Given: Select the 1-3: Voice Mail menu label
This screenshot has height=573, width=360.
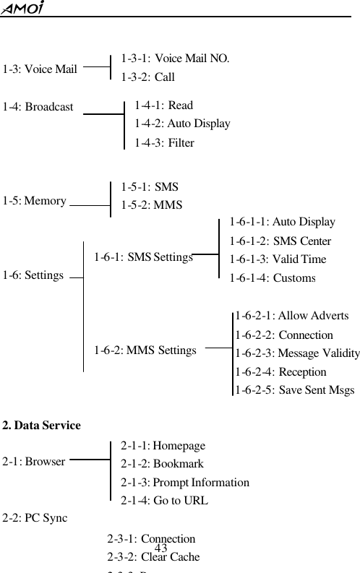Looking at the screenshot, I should (x=40, y=69).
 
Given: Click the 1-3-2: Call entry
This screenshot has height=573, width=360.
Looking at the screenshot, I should (x=147, y=77).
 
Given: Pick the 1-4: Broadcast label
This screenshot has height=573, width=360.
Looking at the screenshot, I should (x=38, y=107).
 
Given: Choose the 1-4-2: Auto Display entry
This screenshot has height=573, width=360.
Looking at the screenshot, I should (x=182, y=124).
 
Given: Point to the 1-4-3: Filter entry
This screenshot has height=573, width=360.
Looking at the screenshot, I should (x=164, y=143).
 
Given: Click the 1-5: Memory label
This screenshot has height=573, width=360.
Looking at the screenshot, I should (x=35, y=200).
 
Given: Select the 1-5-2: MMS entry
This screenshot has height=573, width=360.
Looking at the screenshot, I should (x=152, y=204).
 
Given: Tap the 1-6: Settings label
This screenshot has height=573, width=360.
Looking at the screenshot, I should (x=33, y=275).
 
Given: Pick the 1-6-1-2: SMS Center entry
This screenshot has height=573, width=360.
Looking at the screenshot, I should (x=280, y=241).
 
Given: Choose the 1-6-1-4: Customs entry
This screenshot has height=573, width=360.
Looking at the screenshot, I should (x=273, y=278).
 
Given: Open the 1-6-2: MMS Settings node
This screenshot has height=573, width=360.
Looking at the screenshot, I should (x=145, y=350).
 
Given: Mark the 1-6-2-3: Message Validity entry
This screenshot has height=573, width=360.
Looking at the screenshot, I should (x=297, y=353).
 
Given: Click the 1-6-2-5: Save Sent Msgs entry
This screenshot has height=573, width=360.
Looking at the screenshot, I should (x=294, y=390).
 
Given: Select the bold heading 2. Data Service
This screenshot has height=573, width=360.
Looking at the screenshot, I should (x=41, y=425).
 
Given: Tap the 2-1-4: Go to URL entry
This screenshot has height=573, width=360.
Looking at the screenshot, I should (x=165, y=500).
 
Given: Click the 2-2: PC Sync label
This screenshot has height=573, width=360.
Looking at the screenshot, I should (x=35, y=517).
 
